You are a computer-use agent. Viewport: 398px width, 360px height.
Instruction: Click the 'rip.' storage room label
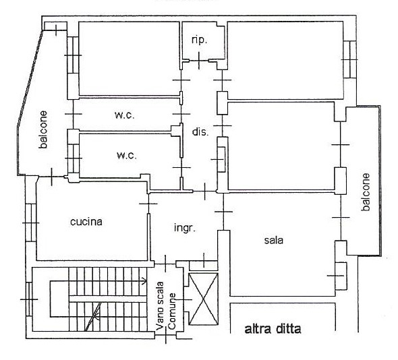click(199, 40)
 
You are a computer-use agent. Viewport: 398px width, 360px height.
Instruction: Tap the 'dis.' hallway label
click(200, 131)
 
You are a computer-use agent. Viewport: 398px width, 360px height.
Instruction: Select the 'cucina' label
click(86, 222)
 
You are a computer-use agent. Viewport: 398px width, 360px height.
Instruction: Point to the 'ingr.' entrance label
click(185, 228)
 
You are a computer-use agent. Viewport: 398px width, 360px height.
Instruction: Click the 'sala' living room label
click(274, 240)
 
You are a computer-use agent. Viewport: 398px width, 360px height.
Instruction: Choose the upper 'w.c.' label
click(124, 115)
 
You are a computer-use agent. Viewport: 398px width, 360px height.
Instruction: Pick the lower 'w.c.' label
click(127, 155)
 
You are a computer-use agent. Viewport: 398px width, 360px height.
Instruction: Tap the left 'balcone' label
click(43, 129)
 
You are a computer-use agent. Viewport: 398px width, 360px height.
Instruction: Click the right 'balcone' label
click(366, 192)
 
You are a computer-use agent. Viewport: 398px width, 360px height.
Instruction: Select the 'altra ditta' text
click(273, 329)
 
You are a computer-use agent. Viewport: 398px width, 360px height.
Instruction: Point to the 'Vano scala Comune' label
click(166, 305)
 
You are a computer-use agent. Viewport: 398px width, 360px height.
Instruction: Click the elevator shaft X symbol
click(203, 299)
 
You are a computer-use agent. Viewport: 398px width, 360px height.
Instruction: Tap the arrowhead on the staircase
click(144, 281)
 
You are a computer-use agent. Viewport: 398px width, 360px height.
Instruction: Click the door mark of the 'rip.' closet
click(199, 61)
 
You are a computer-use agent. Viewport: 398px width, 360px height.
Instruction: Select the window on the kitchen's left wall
click(31, 222)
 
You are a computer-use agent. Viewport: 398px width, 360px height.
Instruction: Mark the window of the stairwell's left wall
click(29, 299)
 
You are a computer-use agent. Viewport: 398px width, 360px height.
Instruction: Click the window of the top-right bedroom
click(350, 59)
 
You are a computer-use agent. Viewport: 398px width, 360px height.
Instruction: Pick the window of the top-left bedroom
click(73, 55)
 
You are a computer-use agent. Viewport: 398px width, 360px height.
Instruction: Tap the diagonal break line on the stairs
click(93, 316)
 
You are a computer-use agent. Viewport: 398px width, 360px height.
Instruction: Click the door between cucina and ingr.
click(148, 204)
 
